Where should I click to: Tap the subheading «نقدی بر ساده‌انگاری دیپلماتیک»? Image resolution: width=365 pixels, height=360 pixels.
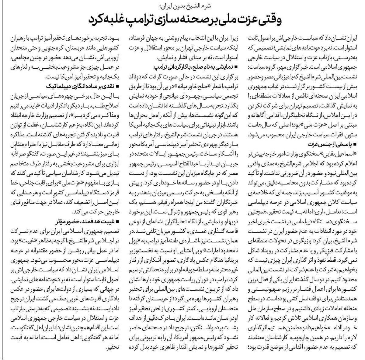(x=85, y=86)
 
